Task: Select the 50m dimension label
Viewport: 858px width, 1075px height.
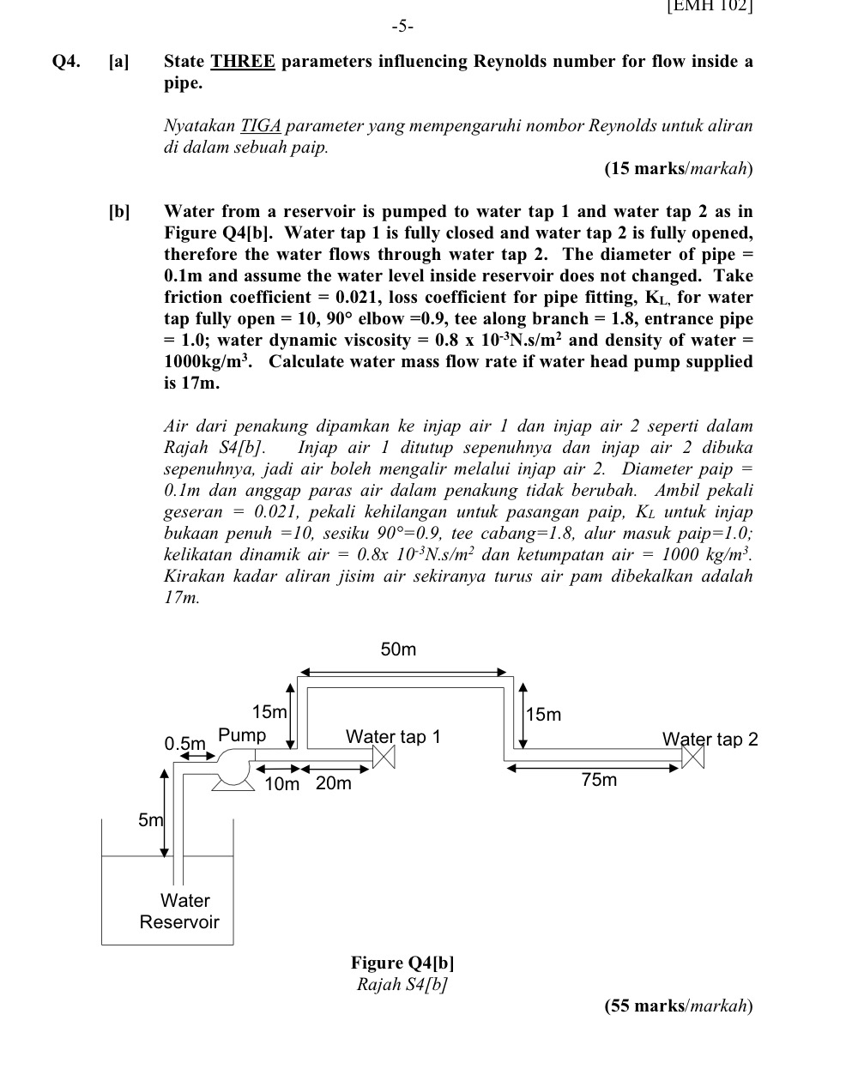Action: pyautogui.click(x=398, y=649)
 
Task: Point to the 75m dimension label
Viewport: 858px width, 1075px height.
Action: pyautogui.click(x=599, y=780)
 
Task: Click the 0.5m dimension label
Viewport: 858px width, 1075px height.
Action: pyautogui.click(x=185, y=743)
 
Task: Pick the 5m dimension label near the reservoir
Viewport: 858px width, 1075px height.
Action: pyautogui.click(x=150, y=820)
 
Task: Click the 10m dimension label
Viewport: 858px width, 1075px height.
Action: pyautogui.click(x=282, y=784)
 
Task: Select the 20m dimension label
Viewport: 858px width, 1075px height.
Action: pyautogui.click(x=334, y=783)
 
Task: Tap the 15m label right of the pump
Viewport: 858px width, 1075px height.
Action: pyautogui.click(x=269, y=712)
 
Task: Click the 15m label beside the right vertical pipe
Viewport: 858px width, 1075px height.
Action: pyautogui.click(x=544, y=715)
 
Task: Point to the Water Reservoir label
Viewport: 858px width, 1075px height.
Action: pyautogui.click(x=180, y=911)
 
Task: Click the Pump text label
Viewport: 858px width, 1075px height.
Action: pyautogui.click(x=242, y=735)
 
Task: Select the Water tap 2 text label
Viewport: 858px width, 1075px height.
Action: pyautogui.click(x=710, y=739)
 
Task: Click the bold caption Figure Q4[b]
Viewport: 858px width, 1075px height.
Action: pyautogui.click(x=402, y=963)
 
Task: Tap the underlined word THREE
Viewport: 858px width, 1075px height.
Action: pyautogui.click(x=243, y=62)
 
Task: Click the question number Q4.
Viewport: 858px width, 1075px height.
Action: pyautogui.click(x=67, y=62)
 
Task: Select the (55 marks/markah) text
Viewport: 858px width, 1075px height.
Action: pyautogui.click(x=679, y=1006)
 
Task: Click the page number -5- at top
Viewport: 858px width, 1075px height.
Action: pyautogui.click(x=402, y=27)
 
